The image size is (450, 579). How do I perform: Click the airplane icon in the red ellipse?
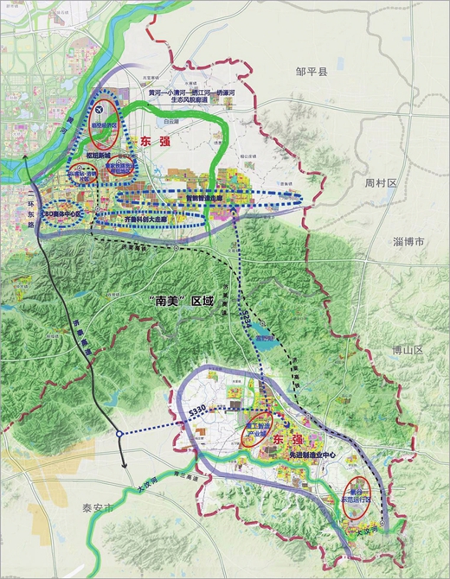coord(102,111)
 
